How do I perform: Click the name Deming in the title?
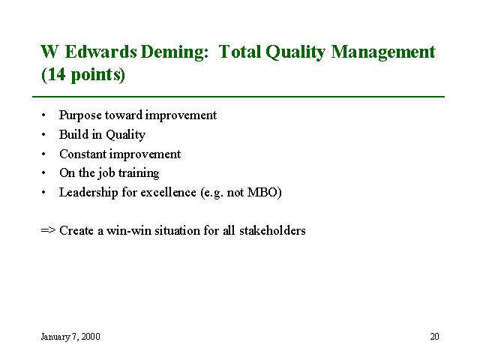click(x=175, y=52)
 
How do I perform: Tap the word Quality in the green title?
click(x=295, y=52)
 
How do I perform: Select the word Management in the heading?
click(x=383, y=52)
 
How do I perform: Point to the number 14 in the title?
click(x=57, y=74)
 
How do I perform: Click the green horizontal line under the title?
click(x=238, y=97)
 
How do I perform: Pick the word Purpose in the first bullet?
click(x=80, y=115)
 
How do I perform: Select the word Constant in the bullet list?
click(x=82, y=154)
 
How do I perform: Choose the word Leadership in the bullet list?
click(x=88, y=193)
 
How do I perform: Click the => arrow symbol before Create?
click(x=48, y=230)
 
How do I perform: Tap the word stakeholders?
click(x=272, y=230)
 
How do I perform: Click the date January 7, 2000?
click(x=70, y=337)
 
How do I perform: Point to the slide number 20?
click(x=434, y=337)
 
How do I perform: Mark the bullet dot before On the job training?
click(x=43, y=173)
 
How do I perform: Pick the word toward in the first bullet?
click(x=123, y=115)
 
